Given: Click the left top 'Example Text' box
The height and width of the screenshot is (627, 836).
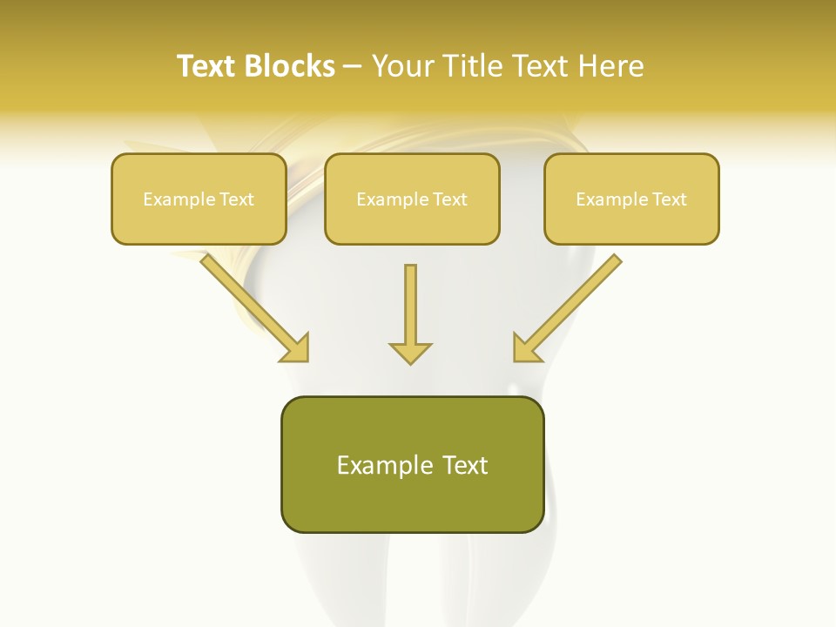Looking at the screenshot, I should [199, 199].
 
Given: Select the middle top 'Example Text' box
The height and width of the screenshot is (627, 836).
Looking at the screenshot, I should [412, 199].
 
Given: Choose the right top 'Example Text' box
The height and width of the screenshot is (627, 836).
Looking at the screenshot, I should [631, 199].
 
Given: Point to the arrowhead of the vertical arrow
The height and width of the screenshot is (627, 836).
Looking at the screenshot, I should [410, 353].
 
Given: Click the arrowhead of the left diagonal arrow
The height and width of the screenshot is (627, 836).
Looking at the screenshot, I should [296, 348].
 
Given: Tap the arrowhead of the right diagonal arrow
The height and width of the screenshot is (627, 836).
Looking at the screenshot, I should [525, 348].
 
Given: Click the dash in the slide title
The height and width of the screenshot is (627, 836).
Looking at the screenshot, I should [353, 66].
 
